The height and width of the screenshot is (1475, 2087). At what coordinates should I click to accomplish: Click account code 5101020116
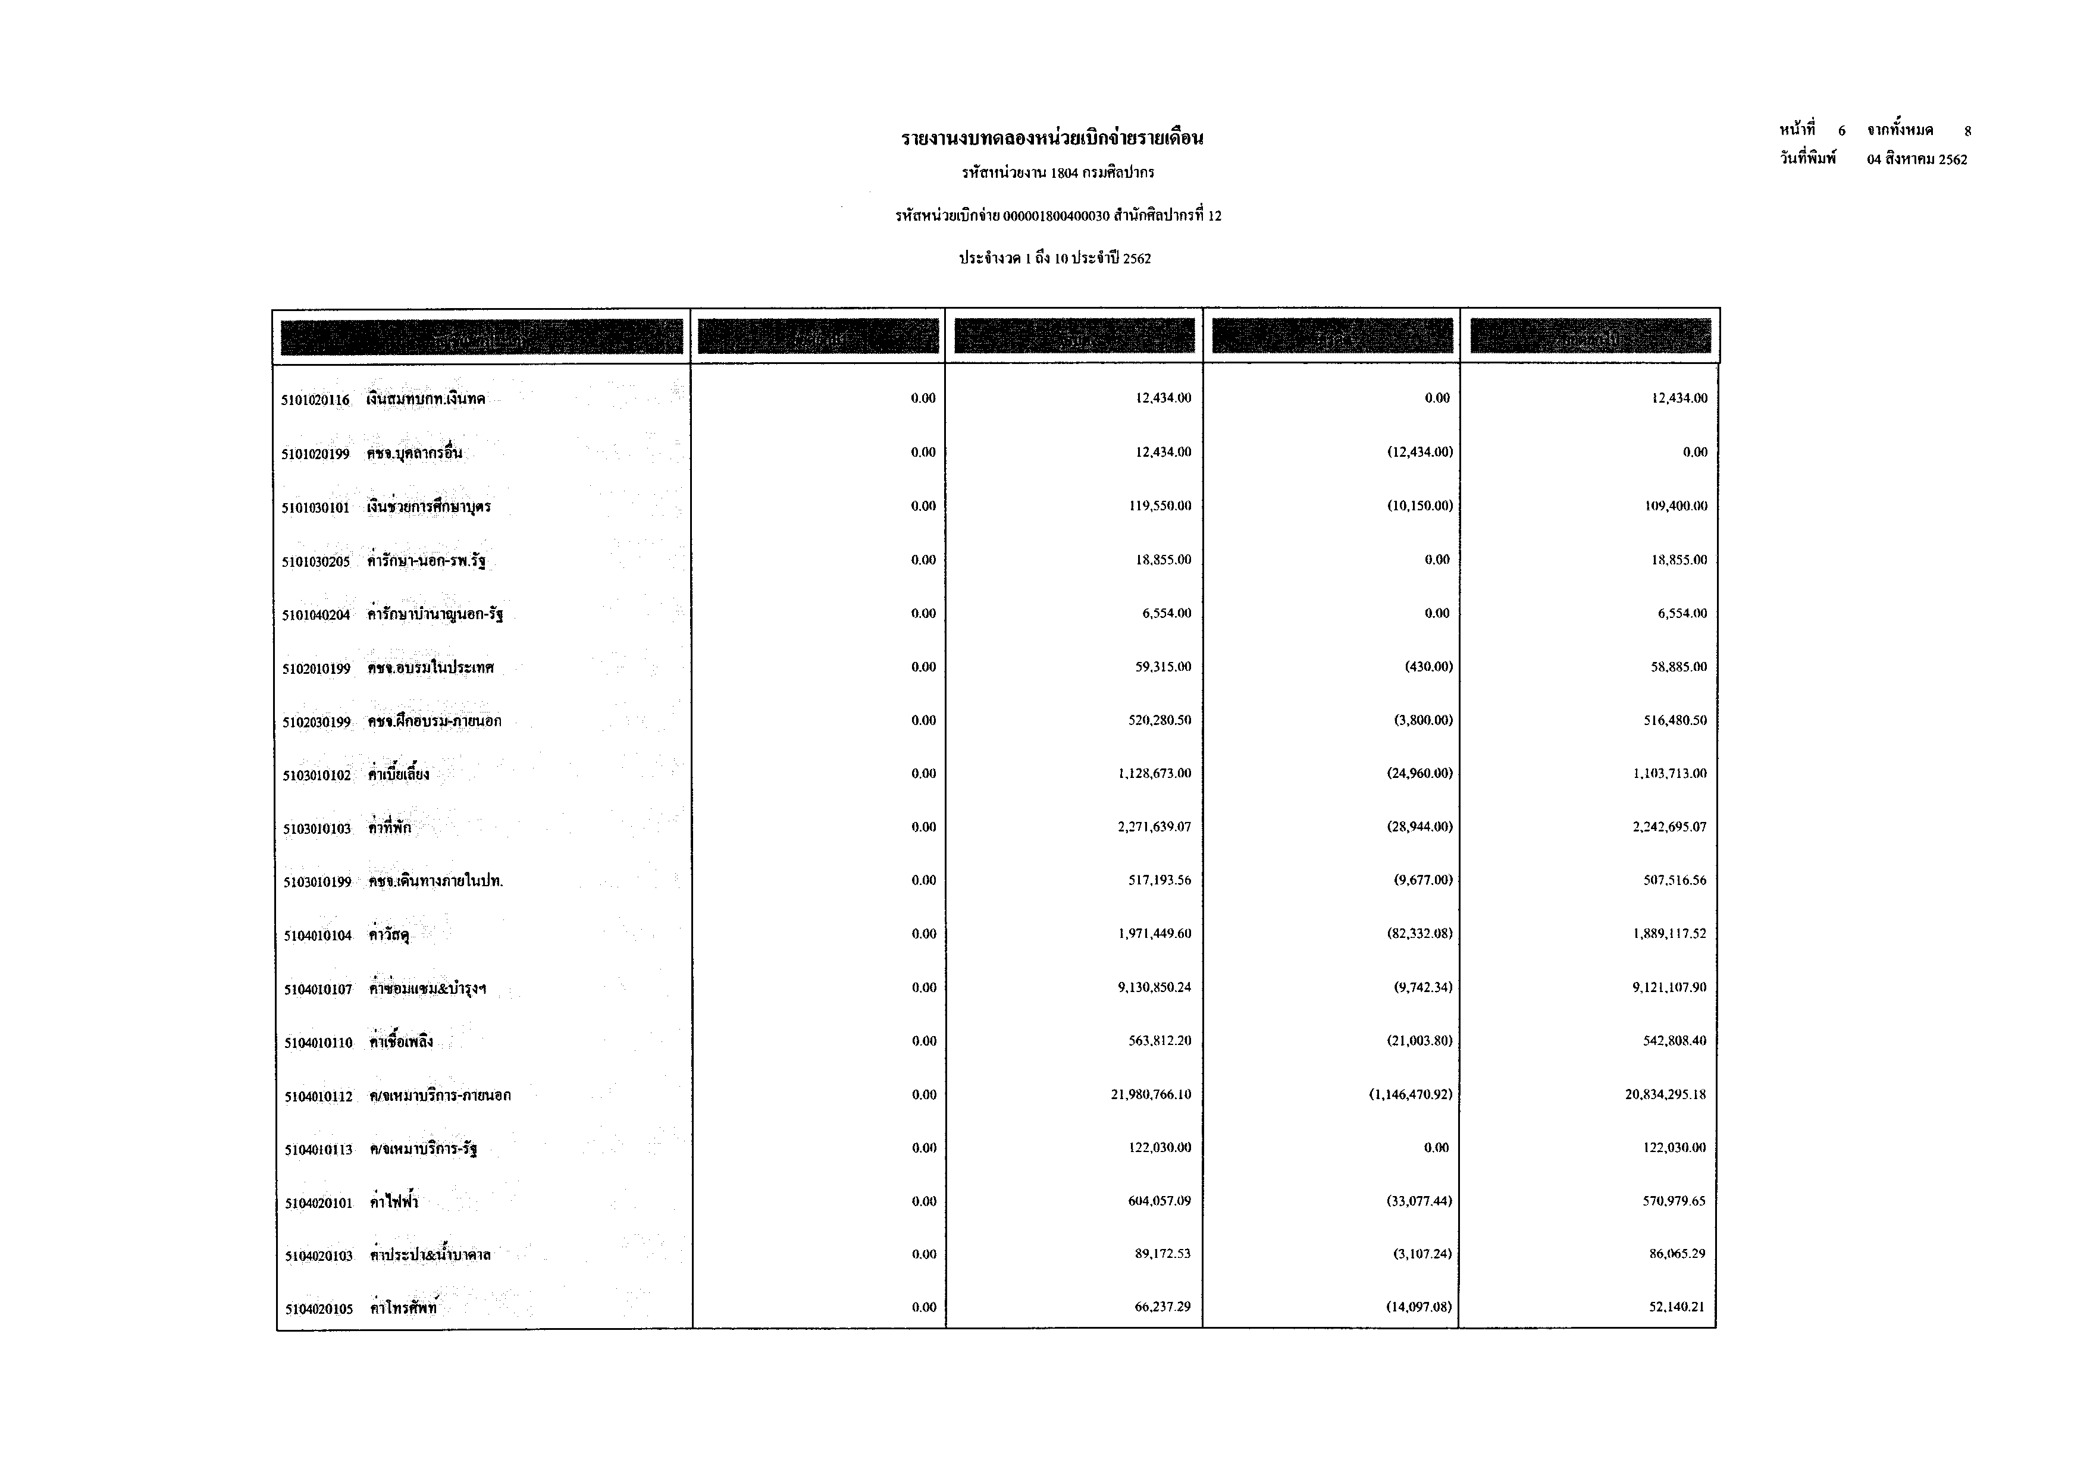click(x=315, y=400)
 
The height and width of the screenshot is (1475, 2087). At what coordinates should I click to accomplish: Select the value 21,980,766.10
click(x=1150, y=1095)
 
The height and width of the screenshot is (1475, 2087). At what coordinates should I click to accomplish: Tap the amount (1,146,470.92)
click(x=1410, y=1095)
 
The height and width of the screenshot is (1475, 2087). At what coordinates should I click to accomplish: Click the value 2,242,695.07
click(x=1669, y=827)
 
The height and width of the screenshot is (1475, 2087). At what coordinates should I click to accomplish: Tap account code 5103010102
click(x=317, y=775)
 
